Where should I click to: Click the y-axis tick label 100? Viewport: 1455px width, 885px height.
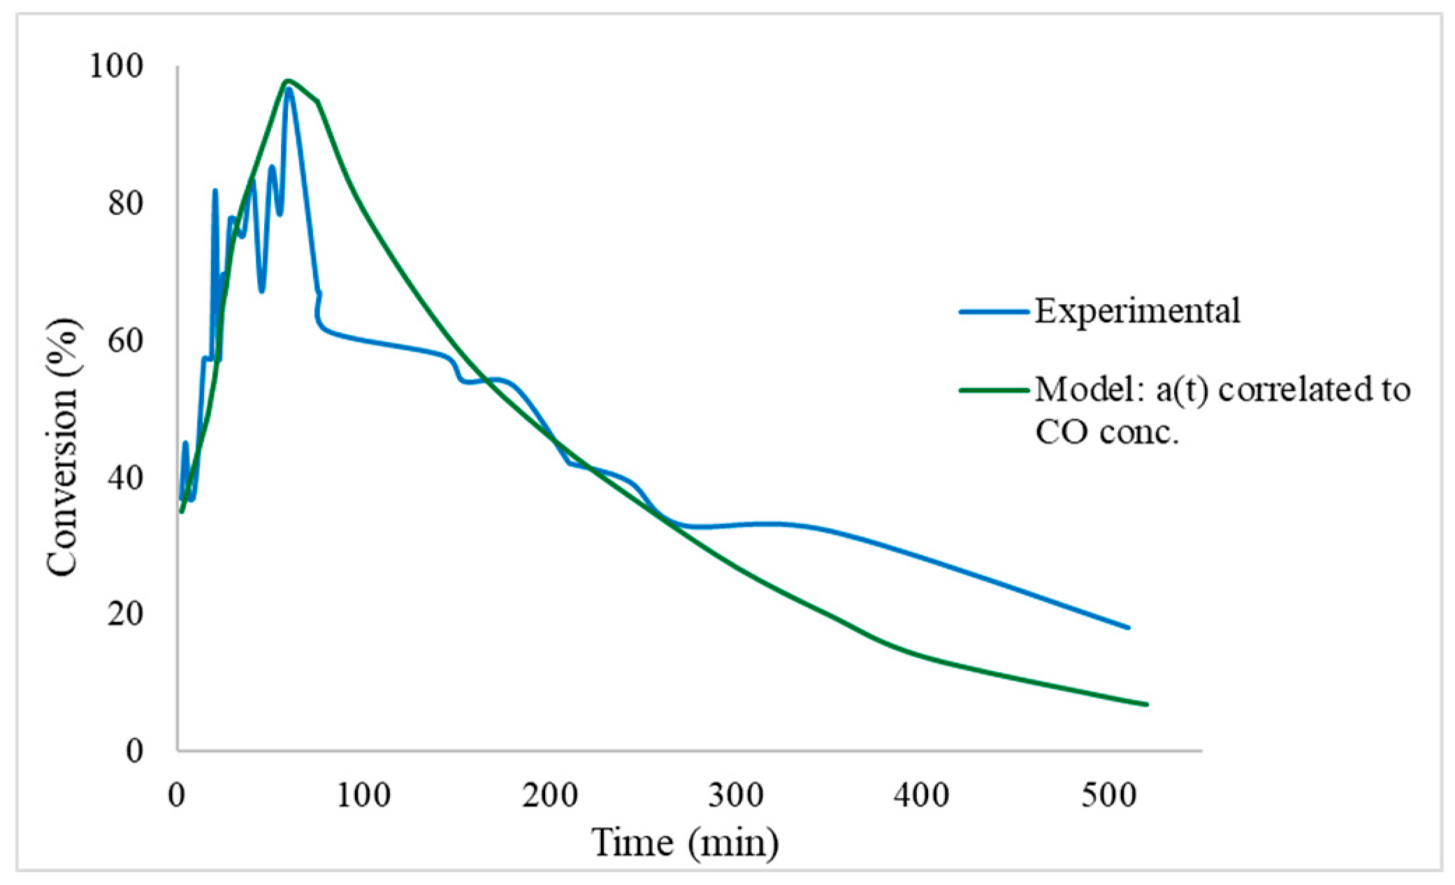(x=116, y=67)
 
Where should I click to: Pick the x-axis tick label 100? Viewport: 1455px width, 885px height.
(x=363, y=796)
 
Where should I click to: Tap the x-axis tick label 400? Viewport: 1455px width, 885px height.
(x=922, y=796)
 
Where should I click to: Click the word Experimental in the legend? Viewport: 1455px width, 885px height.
(x=1137, y=311)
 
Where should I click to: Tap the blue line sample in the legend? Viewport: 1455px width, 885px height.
(x=994, y=312)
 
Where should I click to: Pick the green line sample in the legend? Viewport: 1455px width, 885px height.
(x=994, y=390)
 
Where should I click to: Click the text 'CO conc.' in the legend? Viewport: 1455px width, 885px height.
(x=1106, y=433)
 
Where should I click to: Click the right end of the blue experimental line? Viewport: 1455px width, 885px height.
(x=1128, y=628)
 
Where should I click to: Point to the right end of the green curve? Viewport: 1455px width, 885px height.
(x=1147, y=705)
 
